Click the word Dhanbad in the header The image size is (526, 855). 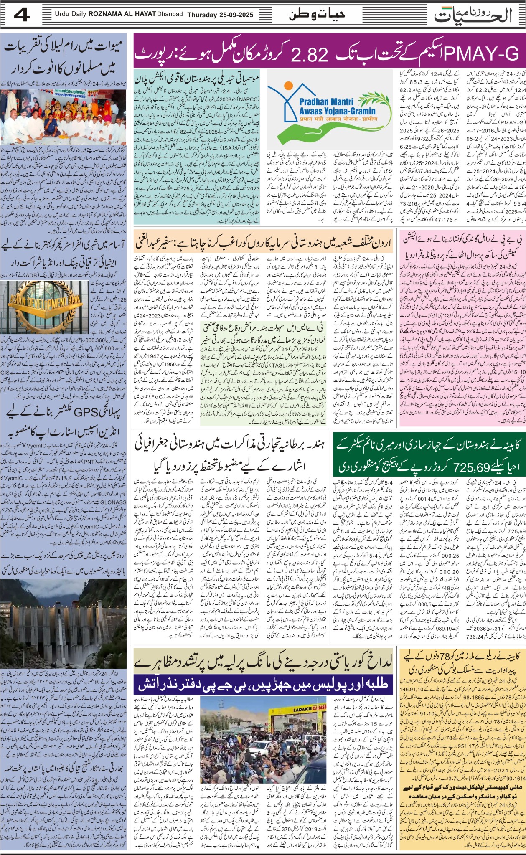170,14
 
